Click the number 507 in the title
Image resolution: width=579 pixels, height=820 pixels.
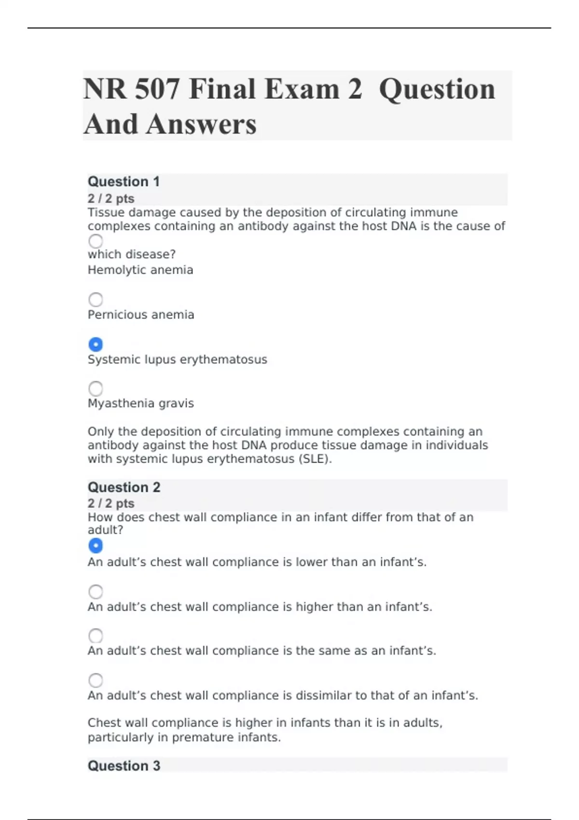157,90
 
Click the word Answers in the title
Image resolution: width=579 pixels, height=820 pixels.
201,124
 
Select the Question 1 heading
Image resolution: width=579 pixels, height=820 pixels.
124,182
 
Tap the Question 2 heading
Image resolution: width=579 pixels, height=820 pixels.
124,487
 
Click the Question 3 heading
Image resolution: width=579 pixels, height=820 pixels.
124,765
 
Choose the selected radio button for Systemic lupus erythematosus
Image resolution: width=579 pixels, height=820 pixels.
96,344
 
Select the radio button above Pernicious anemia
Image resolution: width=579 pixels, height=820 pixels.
96,300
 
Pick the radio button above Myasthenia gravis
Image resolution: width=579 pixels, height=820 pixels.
96,388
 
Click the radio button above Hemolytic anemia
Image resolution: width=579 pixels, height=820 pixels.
96,241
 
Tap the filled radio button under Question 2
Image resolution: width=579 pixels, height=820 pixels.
96,546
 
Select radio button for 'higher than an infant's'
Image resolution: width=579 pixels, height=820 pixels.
96,591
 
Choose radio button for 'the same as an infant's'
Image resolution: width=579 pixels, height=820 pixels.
96,636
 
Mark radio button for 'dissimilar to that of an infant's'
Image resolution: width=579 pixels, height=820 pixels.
96,680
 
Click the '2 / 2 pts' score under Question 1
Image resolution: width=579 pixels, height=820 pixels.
111,199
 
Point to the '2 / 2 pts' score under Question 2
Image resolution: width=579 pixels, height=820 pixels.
111,504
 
